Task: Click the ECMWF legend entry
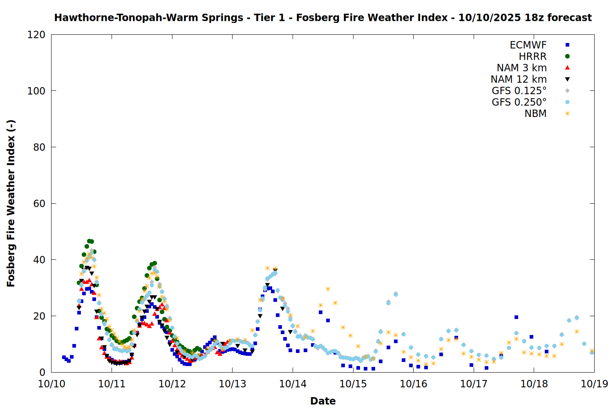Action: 528,45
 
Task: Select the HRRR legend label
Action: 532,56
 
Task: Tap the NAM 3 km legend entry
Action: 521,68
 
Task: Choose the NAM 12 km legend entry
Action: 519,79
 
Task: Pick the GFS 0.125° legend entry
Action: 519,91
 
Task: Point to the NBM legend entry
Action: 535,114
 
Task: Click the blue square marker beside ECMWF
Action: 567,45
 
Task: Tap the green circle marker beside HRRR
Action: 567,56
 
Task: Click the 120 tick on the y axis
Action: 36,35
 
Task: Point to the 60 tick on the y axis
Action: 39,204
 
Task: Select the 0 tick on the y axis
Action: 42,372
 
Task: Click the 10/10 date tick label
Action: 51,384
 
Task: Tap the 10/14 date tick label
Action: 293,384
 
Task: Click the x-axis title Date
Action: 323,401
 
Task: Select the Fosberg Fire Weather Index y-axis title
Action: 11,204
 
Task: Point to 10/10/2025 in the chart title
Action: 490,18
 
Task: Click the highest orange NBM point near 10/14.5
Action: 328,289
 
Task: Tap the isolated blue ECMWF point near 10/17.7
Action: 516,317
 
